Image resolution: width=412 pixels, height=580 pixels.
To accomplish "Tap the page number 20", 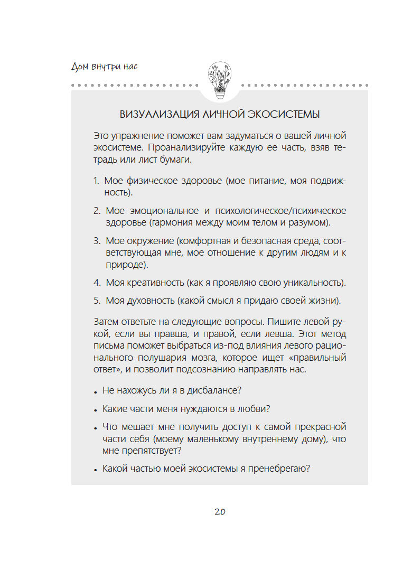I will [220, 512].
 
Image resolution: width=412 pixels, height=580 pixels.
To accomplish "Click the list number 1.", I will [96, 181].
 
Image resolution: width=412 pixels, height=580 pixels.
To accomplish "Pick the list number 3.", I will [97, 240].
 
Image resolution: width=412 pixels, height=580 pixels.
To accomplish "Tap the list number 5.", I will [97, 301].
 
